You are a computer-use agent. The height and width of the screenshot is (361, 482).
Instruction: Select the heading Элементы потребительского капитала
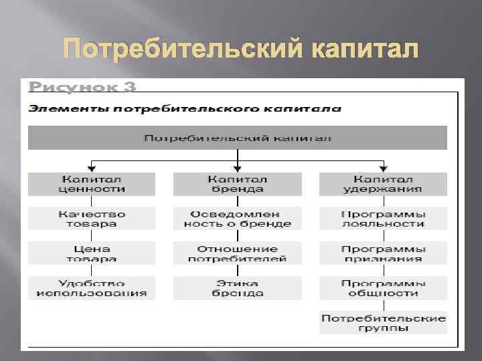point(184,108)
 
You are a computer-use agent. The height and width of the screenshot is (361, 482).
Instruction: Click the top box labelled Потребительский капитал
point(238,138)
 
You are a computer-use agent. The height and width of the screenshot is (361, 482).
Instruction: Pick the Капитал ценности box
point(92,184)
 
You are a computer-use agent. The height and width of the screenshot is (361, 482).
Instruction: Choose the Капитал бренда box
point(237,184)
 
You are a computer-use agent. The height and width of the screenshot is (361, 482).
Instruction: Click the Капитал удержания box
point(383,184)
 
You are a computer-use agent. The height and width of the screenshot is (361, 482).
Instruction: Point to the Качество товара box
point(92,219)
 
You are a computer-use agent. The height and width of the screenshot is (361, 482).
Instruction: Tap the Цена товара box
point(92,253)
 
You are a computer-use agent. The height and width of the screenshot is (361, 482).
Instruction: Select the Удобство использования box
point(92,288)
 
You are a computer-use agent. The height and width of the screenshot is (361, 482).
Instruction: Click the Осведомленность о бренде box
point(237,219)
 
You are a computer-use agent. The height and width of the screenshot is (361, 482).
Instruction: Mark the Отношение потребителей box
point(237,253)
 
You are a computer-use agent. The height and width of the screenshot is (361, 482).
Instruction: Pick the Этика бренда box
point(237,288)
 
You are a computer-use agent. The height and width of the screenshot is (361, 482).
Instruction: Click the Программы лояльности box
point(383,219)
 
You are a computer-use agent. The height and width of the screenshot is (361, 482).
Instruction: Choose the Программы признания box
point(383,253)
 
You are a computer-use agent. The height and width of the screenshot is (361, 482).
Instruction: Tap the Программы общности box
point(383,288)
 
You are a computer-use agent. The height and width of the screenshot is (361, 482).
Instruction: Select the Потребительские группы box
point(383,323)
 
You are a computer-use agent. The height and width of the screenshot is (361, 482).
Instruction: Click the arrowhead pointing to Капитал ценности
point(92,169)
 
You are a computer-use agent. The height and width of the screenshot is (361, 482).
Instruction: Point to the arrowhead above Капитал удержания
point(383,169)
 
